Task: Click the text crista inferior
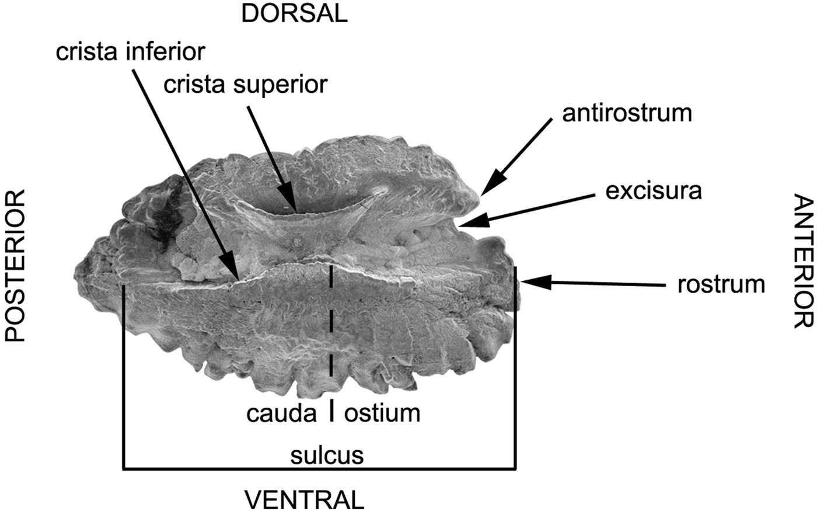(130, 51)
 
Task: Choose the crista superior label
(245, 85)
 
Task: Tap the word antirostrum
(627, 113)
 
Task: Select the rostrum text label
(721, 284)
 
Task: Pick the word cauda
(281, 413)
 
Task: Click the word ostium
(382, 413)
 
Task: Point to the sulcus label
(327, 454)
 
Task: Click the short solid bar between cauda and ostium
(332, 411)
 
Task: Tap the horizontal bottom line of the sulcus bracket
(319, 467)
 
